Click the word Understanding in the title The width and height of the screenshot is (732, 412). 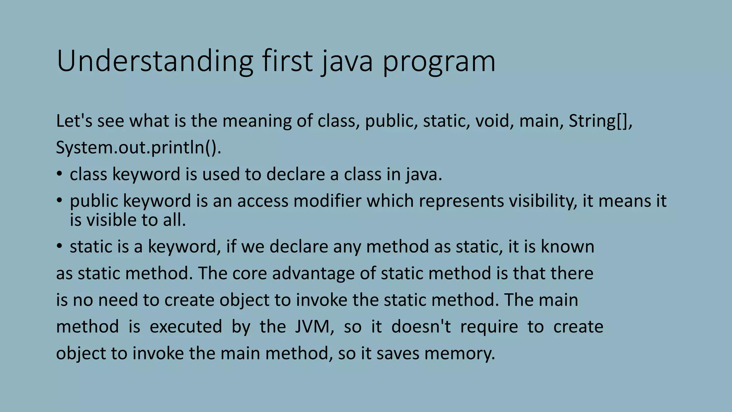coord(155,62)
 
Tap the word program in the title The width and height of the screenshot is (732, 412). coord(439,62)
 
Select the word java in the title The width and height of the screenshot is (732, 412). coord(346,62)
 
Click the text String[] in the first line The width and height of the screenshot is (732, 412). coord(599,121)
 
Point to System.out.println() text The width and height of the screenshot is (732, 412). coord(138,147)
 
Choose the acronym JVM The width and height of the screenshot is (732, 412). coord(314,327)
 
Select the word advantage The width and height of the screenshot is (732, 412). coord(313,273)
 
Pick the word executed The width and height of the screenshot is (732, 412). coord(186,327)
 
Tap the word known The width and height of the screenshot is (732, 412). coord(567,247)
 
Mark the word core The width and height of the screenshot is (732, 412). coord(249,273)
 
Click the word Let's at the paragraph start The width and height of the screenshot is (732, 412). coord(74,121)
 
